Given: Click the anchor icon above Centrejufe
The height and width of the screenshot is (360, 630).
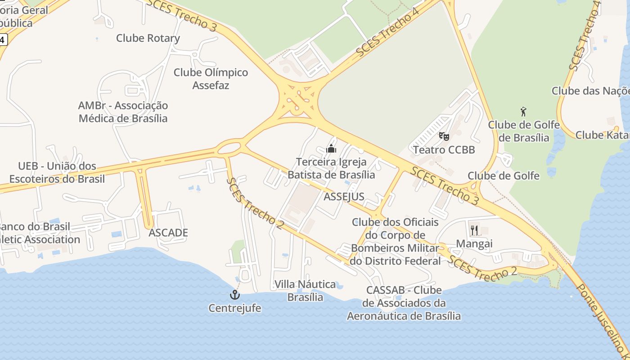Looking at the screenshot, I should (x=235, y=295).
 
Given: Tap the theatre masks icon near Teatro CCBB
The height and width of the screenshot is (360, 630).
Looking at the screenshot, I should (x=444, y=135).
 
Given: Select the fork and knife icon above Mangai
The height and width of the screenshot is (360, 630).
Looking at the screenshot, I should (x=474, y=230).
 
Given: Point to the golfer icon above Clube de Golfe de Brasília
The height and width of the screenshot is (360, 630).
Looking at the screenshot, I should (x=523, y=111).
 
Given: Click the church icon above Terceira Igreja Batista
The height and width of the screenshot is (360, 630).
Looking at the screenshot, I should (x=331, y=148).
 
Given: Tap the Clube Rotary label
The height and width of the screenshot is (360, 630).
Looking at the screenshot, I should (x=148, y=38).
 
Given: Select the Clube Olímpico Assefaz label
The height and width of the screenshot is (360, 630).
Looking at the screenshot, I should (x=211, y=78).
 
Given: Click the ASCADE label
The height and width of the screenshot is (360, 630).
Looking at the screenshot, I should (x=168, y=233).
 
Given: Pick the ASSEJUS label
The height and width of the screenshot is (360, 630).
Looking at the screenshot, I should (x=344, y=196).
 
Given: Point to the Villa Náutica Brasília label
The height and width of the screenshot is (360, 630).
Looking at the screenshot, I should (x=305, y=291).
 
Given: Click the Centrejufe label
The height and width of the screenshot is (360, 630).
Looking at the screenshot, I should (x=235, y=308).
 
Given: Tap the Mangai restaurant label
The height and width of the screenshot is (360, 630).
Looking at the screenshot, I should (x=474, y=243).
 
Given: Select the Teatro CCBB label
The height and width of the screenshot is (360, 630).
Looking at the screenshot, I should (x=444, y=149).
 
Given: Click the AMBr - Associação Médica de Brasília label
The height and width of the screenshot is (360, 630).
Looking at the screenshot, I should (x=123, y=112).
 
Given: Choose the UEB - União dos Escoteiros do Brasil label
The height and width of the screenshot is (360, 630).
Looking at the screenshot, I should (x=57, y=172).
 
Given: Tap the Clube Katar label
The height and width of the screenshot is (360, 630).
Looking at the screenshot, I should (x=602, y=135).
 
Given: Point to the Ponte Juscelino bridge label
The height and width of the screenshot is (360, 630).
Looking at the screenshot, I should (x=603, y=322).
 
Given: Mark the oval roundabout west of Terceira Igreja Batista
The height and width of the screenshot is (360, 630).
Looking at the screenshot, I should (x=230, y=147).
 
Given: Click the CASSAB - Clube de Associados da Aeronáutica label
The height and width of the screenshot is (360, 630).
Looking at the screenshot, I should (x=404, y=303).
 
